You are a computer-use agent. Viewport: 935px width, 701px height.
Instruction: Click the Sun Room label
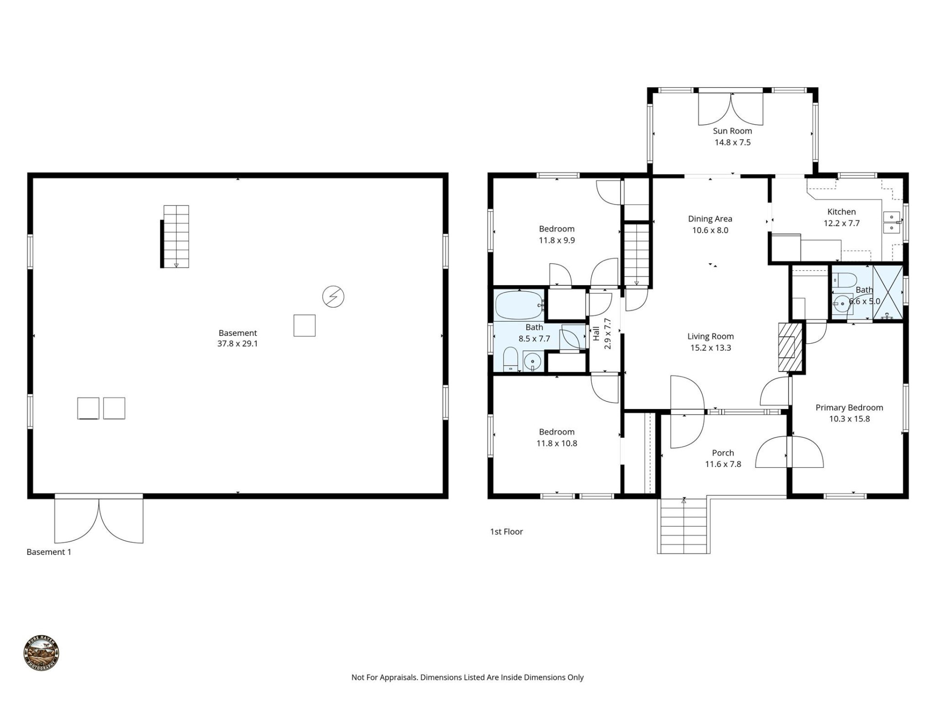click(732, 131)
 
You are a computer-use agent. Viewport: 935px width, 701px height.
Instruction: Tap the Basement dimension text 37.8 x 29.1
click(238, 344)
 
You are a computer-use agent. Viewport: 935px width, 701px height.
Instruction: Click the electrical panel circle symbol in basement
click(333, 296)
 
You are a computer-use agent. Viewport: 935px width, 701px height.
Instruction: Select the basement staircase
click(176, 236)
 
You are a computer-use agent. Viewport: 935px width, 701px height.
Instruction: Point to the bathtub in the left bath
click(519, 305)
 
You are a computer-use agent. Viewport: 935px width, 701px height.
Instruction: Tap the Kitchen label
click(841, 212)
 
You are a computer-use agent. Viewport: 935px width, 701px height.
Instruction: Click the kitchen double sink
click(892, 222)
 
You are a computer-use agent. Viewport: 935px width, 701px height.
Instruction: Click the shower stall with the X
click(888, 292)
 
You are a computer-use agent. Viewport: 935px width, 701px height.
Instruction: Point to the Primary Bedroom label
click(849, 408)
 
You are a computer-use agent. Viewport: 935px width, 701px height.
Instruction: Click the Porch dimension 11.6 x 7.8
click(723, 464)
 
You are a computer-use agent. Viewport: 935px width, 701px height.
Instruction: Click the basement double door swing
click(99, 520)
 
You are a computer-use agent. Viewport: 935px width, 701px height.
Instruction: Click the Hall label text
click(596, 333)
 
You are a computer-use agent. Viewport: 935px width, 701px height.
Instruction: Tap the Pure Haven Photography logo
click(41, 653)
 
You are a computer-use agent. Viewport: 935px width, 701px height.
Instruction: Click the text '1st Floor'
click(506, 532)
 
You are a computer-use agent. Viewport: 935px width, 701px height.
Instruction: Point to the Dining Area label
click(710, 219)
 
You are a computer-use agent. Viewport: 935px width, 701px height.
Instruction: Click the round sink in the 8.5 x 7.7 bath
click(532, 362)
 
